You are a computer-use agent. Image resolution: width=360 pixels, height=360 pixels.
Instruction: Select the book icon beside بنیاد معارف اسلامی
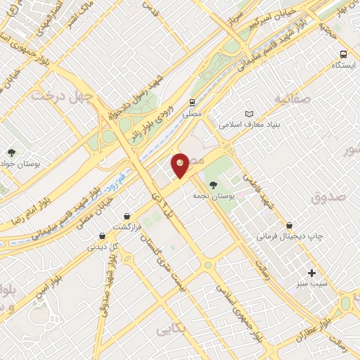coord(248,113)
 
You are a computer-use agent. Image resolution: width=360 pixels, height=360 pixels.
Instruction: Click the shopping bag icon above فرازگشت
coord(126,215)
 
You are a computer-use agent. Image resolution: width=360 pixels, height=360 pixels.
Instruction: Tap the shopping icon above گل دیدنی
coord(103,236)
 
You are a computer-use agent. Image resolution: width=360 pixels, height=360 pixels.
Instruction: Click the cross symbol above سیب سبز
coord(312,273)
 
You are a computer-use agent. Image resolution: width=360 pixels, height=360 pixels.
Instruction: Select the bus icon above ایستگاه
coord(343,53)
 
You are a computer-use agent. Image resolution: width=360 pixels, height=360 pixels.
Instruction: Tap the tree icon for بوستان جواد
coord(11,152)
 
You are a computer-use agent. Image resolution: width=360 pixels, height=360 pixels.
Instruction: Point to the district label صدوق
coord(329,199)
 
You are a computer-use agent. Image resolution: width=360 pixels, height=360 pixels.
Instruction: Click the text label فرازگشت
coord(129,227)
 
